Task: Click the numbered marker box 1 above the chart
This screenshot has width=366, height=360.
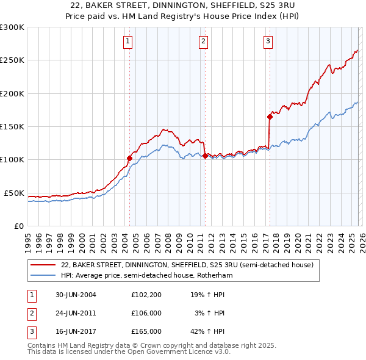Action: point(128,41)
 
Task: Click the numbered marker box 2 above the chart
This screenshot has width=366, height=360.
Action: point(203,41)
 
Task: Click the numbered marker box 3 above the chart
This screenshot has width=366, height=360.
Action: point(268,41)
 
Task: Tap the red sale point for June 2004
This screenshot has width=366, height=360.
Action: point(129,158)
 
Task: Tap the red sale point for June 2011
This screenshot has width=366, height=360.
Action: point(204,156)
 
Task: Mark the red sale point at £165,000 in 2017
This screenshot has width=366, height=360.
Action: point(269,117)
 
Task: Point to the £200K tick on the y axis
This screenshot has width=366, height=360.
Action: point(12,93)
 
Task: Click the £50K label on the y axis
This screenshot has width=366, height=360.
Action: point(15,193)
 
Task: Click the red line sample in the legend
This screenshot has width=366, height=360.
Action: point(43,265)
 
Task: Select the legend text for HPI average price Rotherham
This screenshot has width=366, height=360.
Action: point(146,276)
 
